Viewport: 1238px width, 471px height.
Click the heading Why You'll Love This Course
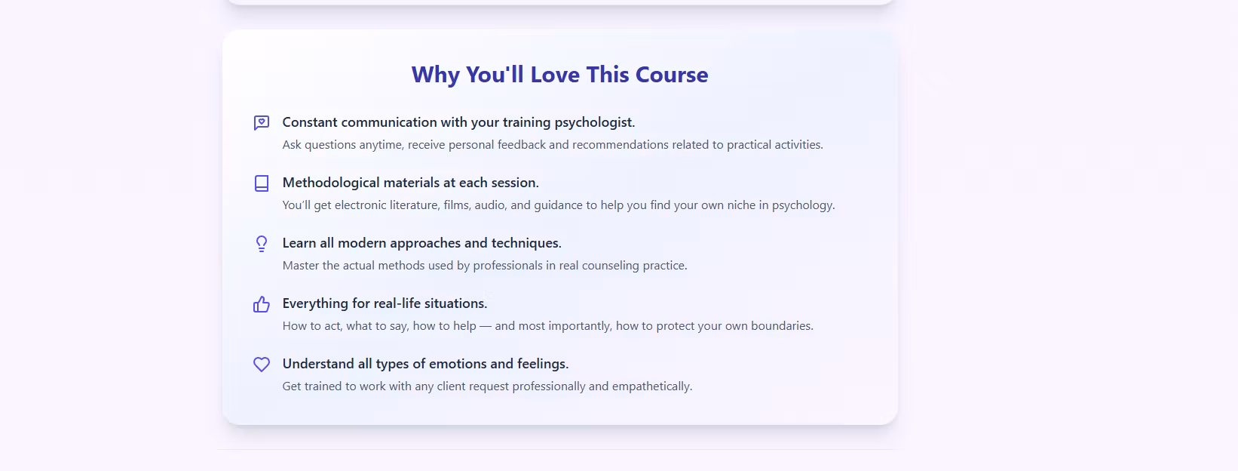click(560, 75)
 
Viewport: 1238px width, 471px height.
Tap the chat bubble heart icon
click(262, 122)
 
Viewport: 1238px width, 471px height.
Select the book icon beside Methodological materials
click(262, 183)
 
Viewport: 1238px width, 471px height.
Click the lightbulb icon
click(262, 244)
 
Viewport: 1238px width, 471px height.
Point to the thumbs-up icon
click(262, 304)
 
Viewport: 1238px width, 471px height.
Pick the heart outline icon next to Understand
click(262, 364)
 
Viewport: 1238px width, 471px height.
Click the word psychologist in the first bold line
click(595, 122)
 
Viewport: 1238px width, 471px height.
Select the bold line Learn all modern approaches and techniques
click(421, 243)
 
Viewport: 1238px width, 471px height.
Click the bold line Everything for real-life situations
click(385, 303)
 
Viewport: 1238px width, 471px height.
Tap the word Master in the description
click(301, 266)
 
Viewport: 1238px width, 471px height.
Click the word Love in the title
click(554, 75)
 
